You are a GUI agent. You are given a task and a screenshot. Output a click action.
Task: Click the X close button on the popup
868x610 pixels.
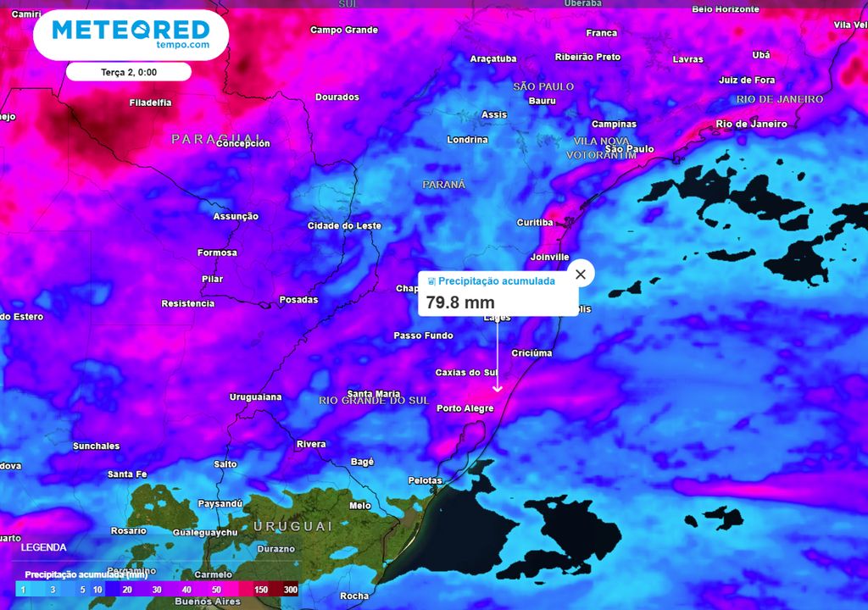point(581,274)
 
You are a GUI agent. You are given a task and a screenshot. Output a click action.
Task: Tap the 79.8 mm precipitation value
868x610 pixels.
point(460,302)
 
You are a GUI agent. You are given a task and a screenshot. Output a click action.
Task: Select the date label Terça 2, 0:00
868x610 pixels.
point(129,72)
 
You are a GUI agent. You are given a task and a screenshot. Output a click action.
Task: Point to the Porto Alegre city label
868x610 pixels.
point(465,408)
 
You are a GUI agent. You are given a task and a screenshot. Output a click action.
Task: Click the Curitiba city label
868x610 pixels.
point(535,223)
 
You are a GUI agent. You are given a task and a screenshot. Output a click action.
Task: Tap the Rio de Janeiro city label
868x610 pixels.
point(751,124)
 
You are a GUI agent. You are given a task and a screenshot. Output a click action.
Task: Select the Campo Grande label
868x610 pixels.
point(344,30)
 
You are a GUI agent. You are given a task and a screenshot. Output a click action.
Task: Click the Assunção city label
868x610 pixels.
point(236,217)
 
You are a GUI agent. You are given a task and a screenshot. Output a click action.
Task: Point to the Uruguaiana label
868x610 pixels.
point(255,397)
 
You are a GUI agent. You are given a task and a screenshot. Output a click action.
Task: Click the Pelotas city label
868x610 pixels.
point(425,480)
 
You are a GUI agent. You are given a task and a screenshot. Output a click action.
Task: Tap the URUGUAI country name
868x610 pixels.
point(293,527)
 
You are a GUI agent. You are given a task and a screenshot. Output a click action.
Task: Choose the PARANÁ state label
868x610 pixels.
point(444,184)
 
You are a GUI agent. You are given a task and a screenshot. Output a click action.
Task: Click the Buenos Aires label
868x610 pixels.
point(208,602)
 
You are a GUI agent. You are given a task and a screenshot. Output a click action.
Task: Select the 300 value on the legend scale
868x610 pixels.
point(291,590)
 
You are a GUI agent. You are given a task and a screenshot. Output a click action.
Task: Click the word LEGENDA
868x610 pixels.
point(43,547)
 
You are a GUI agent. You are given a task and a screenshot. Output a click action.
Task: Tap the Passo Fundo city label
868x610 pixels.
point(424,335)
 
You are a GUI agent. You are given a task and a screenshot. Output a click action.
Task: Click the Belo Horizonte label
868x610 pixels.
point(726,8)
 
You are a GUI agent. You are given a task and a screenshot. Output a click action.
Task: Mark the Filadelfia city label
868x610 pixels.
point(150,103)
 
